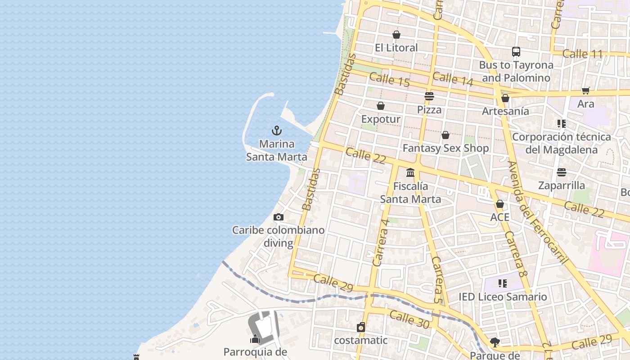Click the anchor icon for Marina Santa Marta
[x=277, y=130]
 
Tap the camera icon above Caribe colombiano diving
[x=279, y=217]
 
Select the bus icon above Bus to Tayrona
[x=516, y=52]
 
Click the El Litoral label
[x=396, y=48]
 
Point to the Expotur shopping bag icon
[x=381, y=106]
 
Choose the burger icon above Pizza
[x=429, y=96]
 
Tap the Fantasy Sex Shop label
[x=445, y=148]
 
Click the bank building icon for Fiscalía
[x=410, y=172]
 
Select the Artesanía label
[x=505, y=111]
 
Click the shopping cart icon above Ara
[x=586, y=91]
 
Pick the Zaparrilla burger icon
[x=562, y=172]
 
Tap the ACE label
[x=499, y=217]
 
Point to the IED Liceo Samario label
[x=503, y=297]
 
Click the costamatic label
[x=360, y=340]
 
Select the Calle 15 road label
[x=389, y=80]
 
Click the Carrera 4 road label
[x=381, y=242]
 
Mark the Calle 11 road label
[x=582, y=54]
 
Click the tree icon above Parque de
[x=495, y=342]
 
